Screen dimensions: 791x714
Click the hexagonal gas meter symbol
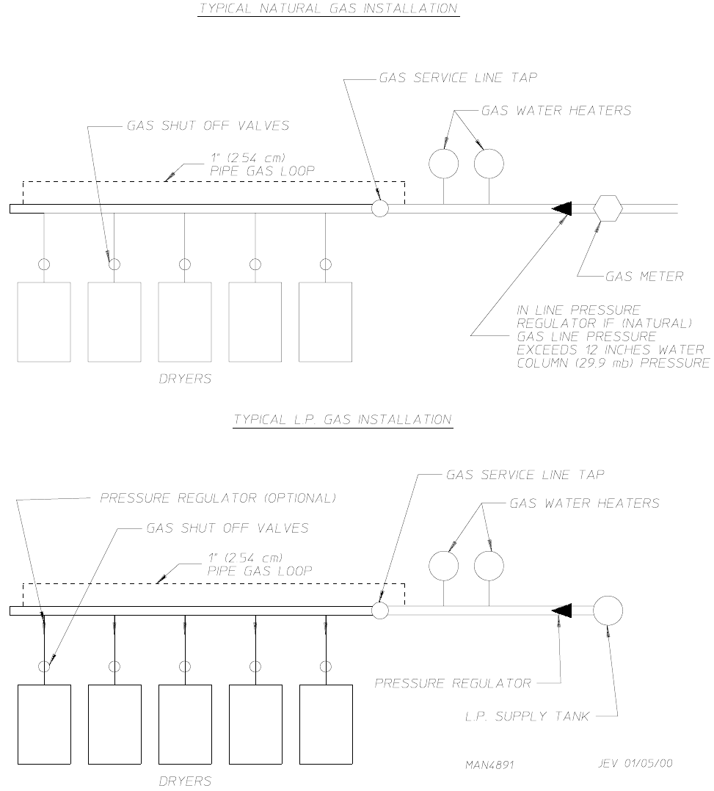pos(608,208)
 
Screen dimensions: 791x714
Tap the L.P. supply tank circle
pos(608,610)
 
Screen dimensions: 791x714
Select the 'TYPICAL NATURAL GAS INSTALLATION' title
pos(329,9)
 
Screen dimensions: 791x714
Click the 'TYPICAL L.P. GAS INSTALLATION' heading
pos(343,420)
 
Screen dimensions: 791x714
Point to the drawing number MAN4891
pos(489,764)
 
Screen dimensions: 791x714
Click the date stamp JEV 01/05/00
pos(635,763)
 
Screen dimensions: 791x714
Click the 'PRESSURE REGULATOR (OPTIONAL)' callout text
pos(218,497)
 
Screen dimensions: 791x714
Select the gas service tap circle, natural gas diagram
pos(379,208)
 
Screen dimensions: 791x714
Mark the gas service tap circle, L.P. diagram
pos(380,610)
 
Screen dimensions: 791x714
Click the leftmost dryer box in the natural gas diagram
pos(44,322)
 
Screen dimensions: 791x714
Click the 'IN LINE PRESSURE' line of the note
pos(578,310)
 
